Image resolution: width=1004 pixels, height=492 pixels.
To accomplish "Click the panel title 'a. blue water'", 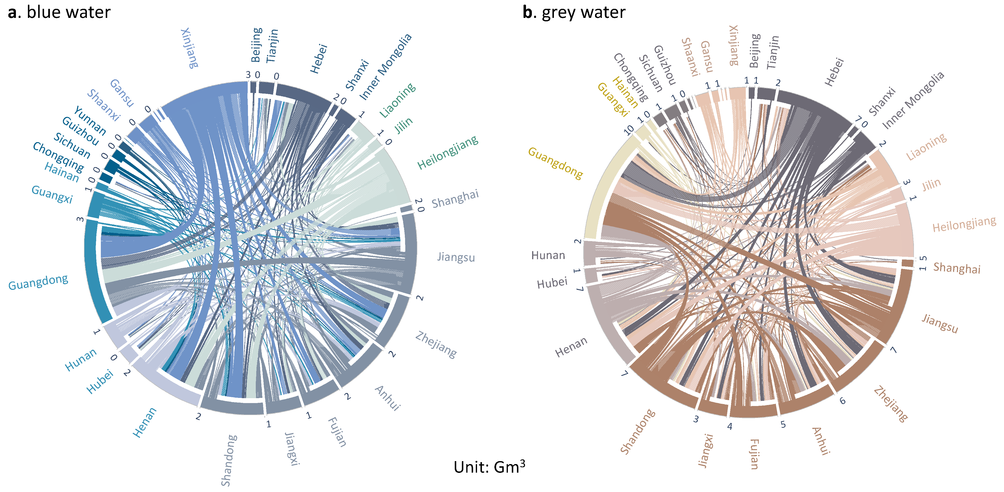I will pyautogui.click(x=59, y=12).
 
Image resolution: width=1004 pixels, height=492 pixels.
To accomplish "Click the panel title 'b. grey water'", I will pyautogui.click(x=574, y=12).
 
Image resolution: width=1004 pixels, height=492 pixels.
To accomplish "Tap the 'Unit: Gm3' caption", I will pyautogui.click(x=489, y=467).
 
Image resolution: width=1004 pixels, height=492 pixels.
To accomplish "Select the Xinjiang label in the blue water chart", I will pyautogui.click(x=190, y=48).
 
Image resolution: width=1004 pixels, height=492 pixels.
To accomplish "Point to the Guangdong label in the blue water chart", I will pyautogui.click(x=38, y=282).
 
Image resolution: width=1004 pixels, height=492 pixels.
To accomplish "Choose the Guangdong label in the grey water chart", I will pyautogui.click(x=555, y=163).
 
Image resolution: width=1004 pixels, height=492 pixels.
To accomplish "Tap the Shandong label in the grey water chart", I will pyautogui.click(x=638, y=431).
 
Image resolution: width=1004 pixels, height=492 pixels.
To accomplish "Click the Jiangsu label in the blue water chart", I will pyautogui.click(x=456, y=257).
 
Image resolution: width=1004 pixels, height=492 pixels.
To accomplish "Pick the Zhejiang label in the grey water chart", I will pyautogui.click(x=891, y=404).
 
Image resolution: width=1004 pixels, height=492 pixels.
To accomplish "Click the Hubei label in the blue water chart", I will pyautogui.click(x=100, y=381).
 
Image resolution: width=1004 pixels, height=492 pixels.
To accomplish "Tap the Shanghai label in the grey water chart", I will pyautogui.click(x=957, y=268).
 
